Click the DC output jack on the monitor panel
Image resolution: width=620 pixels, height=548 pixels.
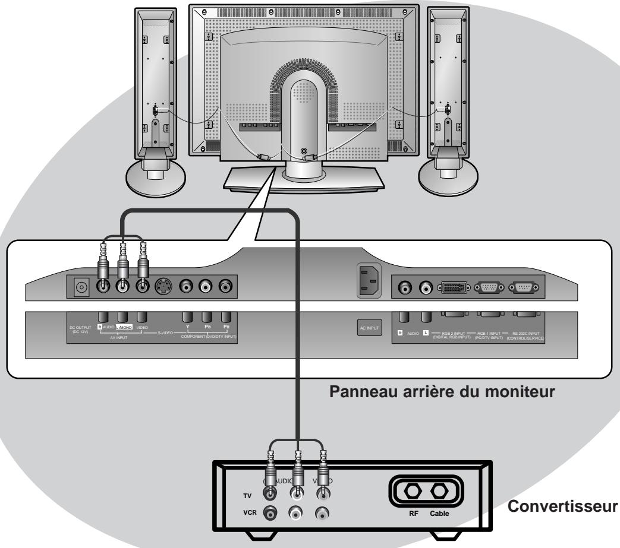click(79, 287)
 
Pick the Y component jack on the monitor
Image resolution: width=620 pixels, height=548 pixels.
click(187, 287)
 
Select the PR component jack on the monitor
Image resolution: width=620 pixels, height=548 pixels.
click(225, 287)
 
